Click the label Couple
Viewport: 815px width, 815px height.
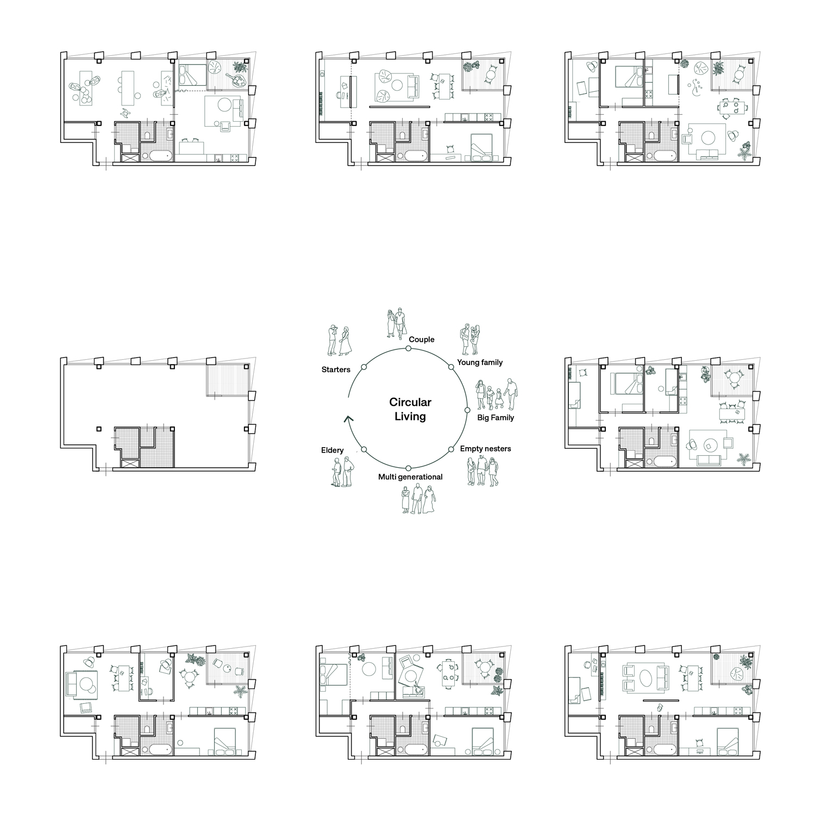[x=422, y=340]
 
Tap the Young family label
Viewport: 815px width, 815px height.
[x=480, y=362]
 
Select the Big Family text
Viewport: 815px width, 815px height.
[x=496, y=418]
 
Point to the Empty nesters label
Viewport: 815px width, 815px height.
[x=485, y=449]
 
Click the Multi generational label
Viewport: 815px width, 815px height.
[x=410, y=477]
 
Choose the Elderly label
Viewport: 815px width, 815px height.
[x=332, y=450]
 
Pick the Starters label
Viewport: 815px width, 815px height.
[x=336, y=369]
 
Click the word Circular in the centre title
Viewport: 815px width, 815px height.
[x=410, y=402]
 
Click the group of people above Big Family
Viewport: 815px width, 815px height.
[x=497, y=395]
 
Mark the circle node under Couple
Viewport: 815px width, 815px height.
[x=408, y=349]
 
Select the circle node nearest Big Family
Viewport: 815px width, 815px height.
[x=467, y=409]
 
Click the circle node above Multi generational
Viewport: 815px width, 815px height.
[x=408, y=468]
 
